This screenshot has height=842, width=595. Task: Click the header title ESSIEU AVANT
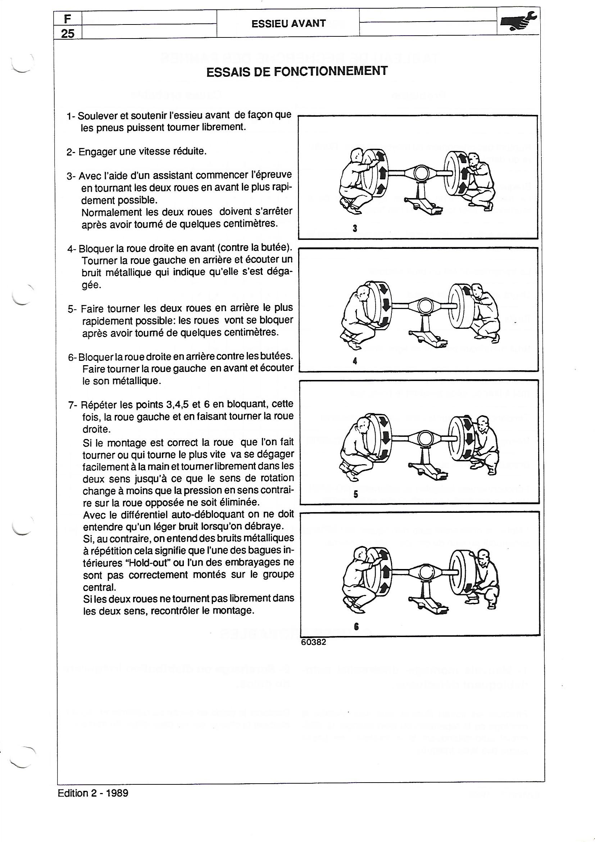tap(289, 23)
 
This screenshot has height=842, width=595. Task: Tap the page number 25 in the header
tap(68, 34)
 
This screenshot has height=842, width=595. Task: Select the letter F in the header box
tap(67, 18)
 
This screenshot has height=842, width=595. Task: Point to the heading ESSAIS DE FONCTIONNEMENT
tap(297, 71)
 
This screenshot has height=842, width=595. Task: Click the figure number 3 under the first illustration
tap(355, 228)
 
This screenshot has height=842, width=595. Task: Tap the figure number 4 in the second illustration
tap(355, 361)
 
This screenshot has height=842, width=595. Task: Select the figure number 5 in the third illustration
tap(355, 494)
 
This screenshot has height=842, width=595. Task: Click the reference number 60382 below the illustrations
tap(313, 642)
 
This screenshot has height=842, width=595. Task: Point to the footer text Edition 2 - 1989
tap(93, 793)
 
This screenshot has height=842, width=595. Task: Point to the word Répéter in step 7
tap(97, 405)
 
